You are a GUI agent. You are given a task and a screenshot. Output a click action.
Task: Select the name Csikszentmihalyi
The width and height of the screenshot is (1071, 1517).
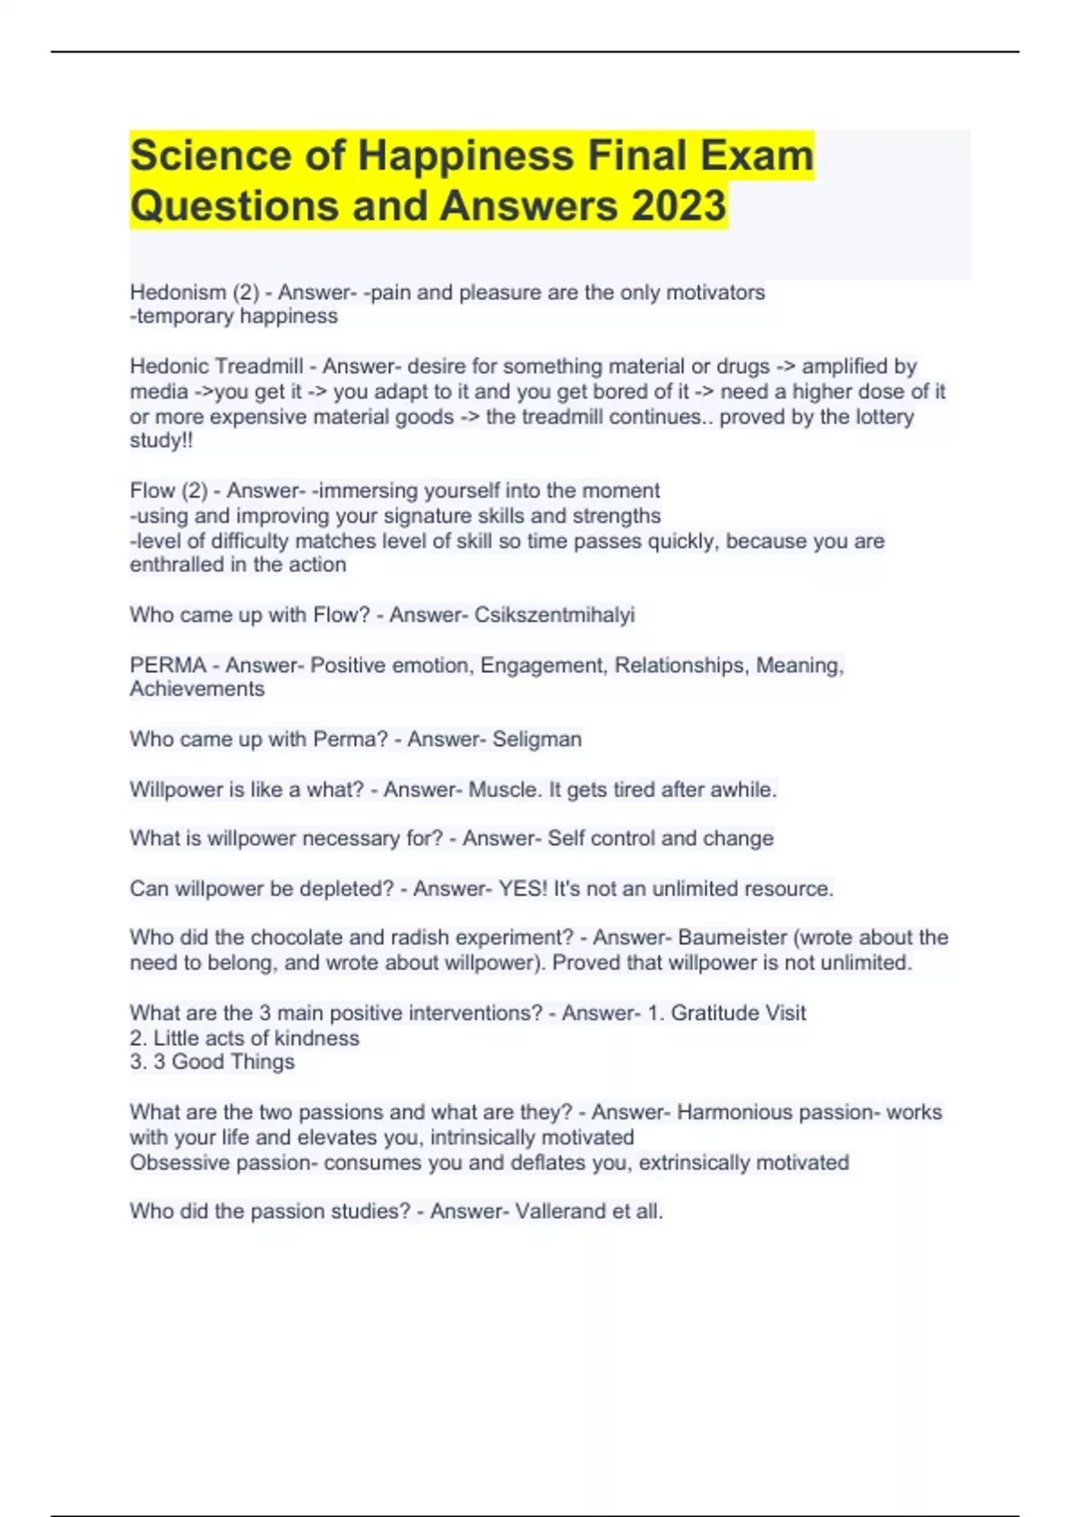554,615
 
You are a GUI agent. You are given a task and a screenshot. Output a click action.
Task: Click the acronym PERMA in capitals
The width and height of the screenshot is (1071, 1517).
168,666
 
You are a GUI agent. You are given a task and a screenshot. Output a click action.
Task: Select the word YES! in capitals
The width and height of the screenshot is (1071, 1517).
522,889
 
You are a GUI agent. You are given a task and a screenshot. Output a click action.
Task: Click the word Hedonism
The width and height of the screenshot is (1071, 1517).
178,293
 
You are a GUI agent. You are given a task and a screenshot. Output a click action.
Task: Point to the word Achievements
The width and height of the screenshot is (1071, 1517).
197,689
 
